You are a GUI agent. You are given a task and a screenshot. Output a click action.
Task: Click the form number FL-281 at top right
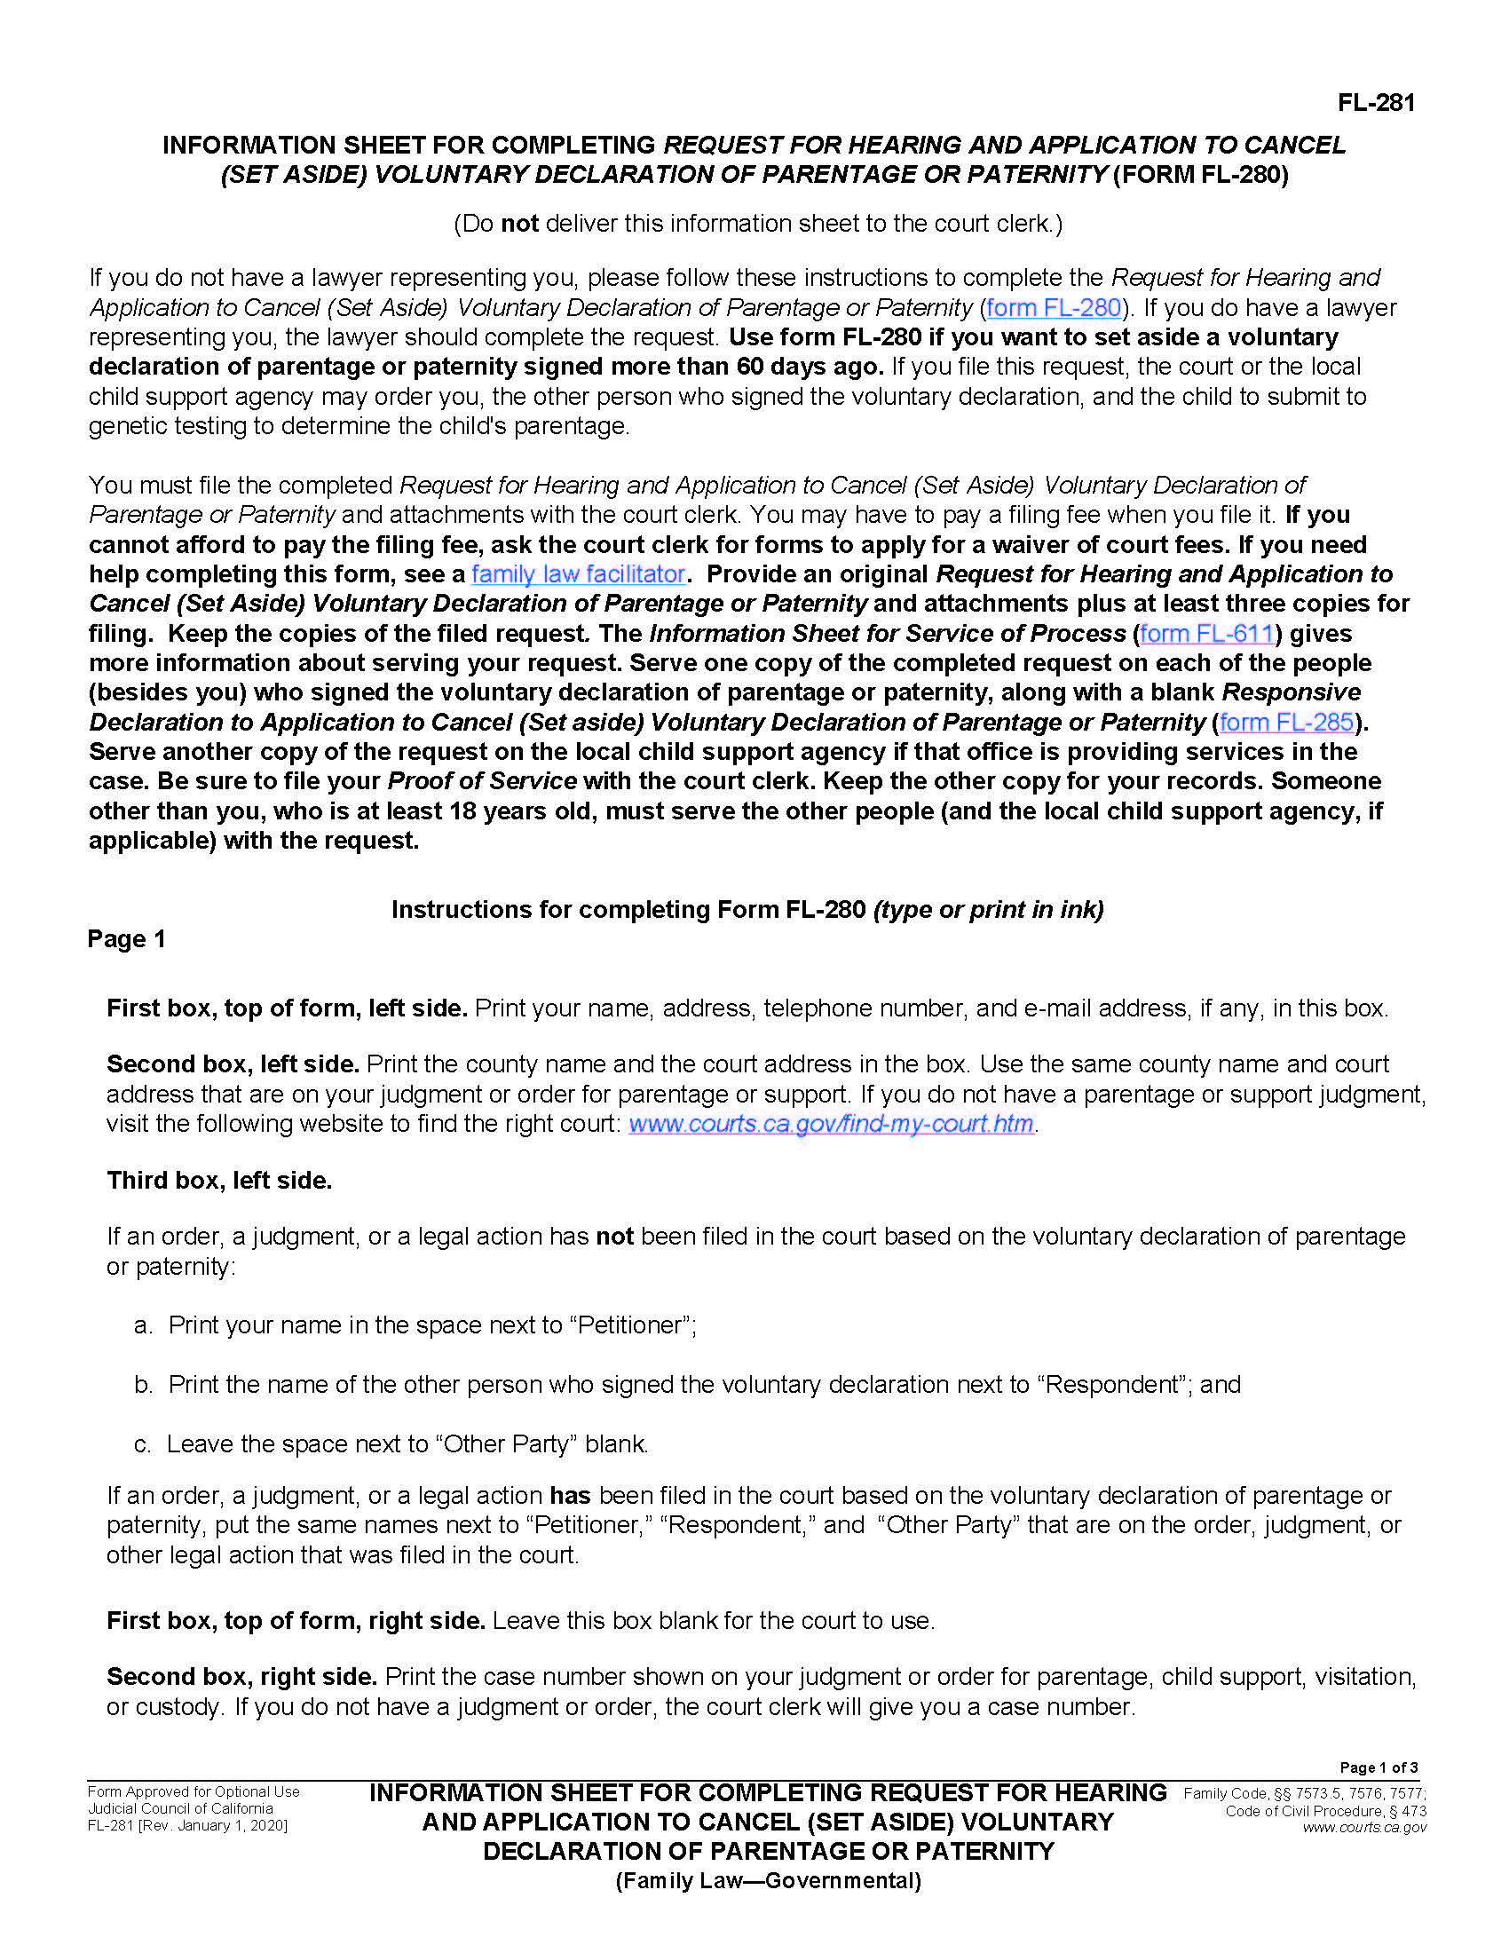[x=1376, y=103]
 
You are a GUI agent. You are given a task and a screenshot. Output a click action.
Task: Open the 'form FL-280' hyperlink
[x=1053, y=308]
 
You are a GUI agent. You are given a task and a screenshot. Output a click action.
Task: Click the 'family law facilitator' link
[x=578, y=574]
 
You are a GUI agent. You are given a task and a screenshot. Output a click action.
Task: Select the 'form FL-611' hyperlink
[x=1207, y=633]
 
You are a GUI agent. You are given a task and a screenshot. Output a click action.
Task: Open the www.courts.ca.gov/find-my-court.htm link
[x=831, y=1123]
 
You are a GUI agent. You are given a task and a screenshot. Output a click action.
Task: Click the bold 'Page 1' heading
[x=126, y=939]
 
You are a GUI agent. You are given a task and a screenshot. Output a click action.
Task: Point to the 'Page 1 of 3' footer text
[x=1378, y=1767]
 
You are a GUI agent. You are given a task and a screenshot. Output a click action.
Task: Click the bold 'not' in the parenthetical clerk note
[x=519, y=224]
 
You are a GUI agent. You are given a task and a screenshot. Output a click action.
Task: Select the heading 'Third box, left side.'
[x=219, y=1181]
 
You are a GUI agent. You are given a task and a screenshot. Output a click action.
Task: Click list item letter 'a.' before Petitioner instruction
[x=143, y=1325]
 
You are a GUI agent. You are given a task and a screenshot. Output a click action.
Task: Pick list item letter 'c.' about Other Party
[x=142, y=1444]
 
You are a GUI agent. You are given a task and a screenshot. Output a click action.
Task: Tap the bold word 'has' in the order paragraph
[x=570, y=1496]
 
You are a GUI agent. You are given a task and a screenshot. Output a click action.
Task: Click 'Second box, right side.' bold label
[x=241, y=1677]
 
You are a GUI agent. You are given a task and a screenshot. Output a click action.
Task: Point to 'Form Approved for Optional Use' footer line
[x=194, y=1792]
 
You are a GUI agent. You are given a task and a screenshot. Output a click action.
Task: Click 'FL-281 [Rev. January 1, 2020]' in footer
[x=186, y=1826]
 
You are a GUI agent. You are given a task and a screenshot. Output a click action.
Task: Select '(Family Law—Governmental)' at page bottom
[x=768, y=1881]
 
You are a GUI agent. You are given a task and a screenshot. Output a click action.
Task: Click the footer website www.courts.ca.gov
[x=1363, y=1827]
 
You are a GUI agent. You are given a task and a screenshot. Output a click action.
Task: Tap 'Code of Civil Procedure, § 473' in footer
[x=1325, y=1811]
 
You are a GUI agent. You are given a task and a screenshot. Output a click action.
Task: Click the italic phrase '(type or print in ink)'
[x=988, y=909]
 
